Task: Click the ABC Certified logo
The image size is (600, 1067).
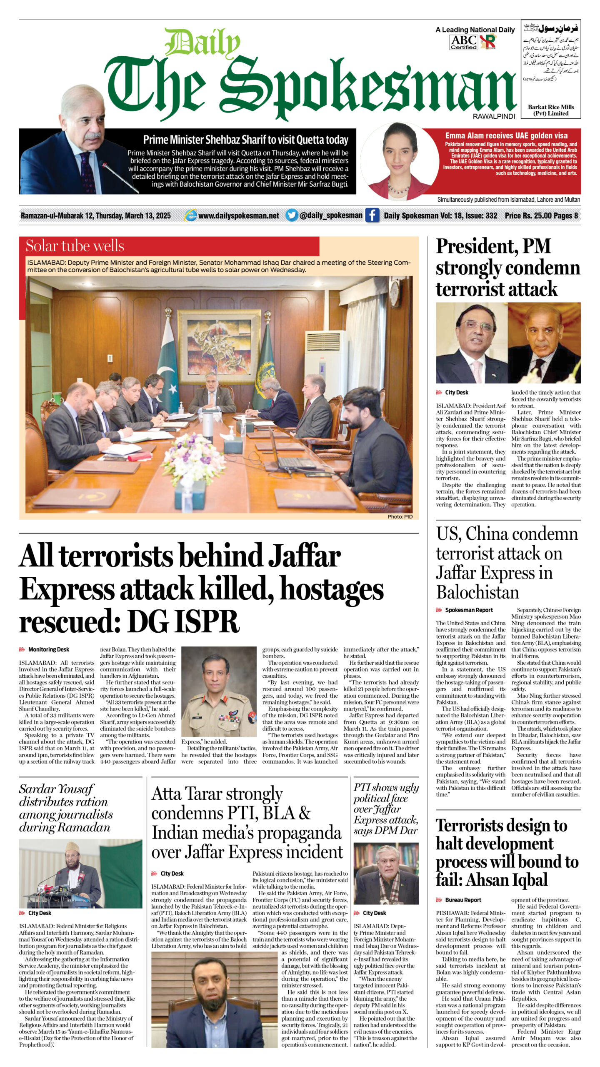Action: [463, 42]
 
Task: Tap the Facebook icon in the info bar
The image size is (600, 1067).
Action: [372, 215]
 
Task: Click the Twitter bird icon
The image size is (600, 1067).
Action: [292, 215]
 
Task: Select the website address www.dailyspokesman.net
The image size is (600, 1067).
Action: [238, 215]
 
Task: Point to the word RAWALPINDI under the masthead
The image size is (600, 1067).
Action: [494, 116]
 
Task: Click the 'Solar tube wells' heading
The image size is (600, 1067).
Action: [75, 246]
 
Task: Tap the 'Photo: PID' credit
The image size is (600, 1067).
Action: [400, 516]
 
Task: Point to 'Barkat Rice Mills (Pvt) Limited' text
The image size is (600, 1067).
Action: [550, 110]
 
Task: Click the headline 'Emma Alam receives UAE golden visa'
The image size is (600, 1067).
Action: [506, 135]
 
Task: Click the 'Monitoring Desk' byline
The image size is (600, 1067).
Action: [48, 649]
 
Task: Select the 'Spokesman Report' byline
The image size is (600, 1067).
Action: [469, 610]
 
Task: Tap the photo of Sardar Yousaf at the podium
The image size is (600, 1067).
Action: [80, 874]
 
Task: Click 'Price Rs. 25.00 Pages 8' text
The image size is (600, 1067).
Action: [541, 215]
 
